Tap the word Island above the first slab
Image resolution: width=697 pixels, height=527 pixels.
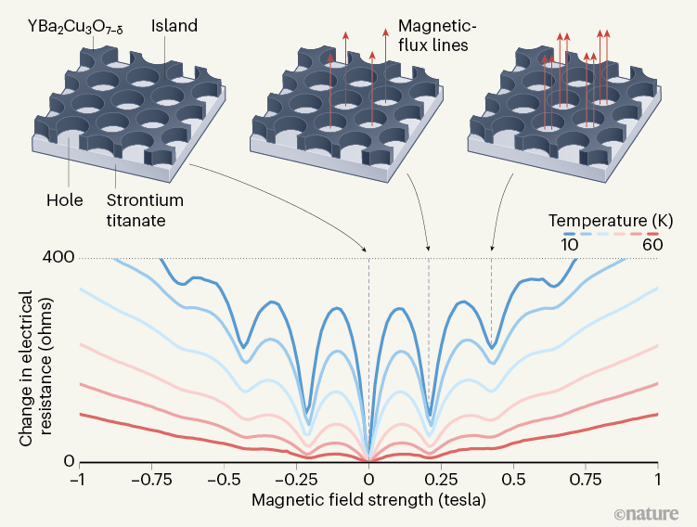click(174, 26)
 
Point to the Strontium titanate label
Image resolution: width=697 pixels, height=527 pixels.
click(144, 208)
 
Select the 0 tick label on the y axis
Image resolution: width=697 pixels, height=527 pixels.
click(67, 462)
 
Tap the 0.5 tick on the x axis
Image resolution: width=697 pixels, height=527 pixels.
click(513, 481)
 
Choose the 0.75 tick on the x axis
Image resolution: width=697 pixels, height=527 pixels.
click(586, 481)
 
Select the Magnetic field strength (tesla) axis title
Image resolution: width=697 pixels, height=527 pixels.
click(369, 500)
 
